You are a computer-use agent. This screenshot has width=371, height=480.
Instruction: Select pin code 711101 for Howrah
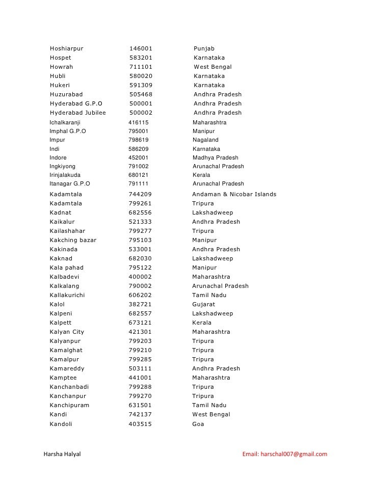[141, 67]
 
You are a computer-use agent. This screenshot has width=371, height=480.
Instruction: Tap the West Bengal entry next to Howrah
[213, 67]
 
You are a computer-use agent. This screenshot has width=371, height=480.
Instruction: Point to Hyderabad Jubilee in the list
[78, 113]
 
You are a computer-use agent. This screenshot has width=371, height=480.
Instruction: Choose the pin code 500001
[141, 104]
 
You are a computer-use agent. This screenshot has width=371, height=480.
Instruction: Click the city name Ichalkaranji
[65, 123]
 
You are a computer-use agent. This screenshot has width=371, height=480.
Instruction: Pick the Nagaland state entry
[205, 140]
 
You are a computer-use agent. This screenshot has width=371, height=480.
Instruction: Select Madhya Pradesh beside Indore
[215, 158]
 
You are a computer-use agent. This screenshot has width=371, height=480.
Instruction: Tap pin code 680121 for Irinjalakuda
[139, 175]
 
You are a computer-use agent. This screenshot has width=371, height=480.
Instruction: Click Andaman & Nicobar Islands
[234, 195]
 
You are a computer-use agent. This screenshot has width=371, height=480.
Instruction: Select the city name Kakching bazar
[73, 241]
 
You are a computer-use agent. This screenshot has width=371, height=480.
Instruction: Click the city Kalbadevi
[65, 277]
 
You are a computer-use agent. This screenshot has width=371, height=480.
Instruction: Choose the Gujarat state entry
[203, 305]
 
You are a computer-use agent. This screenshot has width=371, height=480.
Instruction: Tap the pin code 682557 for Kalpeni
[140, 314]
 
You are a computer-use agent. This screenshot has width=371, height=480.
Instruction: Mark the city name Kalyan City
[67, 332]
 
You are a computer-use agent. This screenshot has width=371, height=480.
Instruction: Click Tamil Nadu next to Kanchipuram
[209, 406]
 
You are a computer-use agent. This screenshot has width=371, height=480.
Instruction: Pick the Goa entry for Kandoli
[198, 424]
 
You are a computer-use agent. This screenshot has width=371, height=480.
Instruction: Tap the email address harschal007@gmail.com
[284, 454]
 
